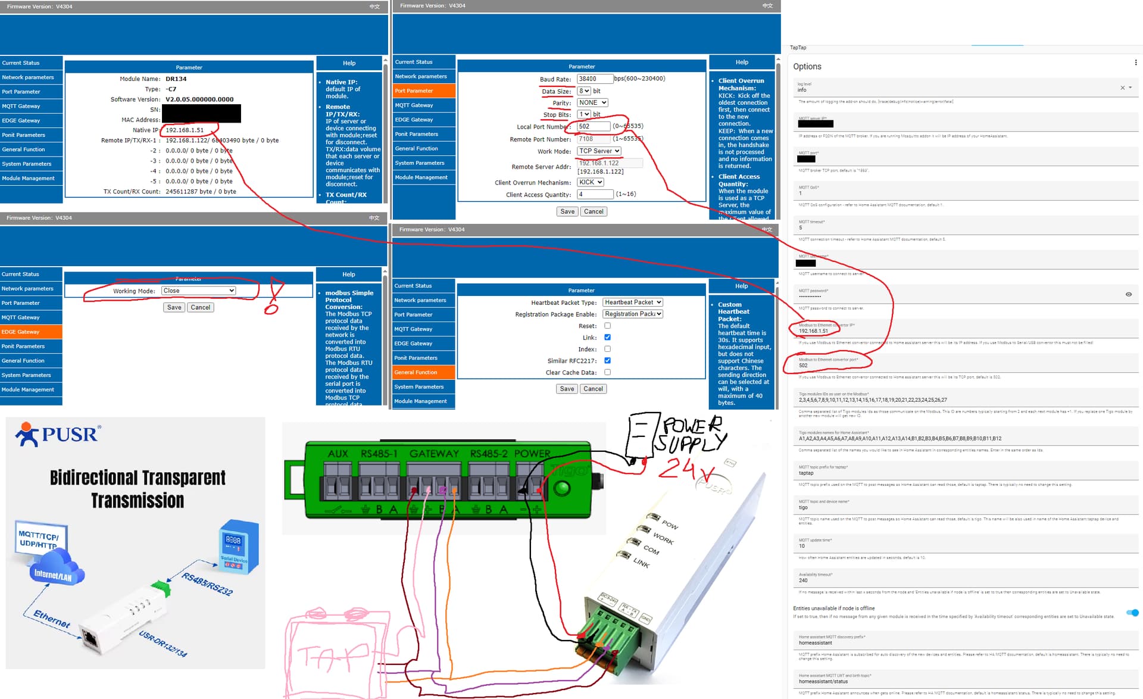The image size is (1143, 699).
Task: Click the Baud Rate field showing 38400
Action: coord(594,79)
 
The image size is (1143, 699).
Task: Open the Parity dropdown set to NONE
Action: coord(592,103)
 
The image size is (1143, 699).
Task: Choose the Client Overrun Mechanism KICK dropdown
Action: coord(591,182)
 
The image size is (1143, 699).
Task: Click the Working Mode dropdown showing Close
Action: coord(198,291)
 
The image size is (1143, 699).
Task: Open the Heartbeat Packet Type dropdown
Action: coord(633,302)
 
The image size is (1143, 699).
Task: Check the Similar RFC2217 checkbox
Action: coord(607,361)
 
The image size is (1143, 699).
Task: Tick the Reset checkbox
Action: coord(607,326)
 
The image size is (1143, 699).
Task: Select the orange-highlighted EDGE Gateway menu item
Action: coord(31,332)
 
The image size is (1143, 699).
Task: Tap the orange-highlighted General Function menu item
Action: coord(424,372)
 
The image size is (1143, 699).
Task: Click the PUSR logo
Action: coord(58,434)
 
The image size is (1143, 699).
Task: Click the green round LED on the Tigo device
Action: coord(561,489)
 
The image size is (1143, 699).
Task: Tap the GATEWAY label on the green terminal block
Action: coord(434,454)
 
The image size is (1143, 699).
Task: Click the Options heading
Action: coord(807,67)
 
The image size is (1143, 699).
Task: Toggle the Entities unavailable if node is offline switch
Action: coord(1132,613)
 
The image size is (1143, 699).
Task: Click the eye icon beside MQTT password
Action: coord(1128,294)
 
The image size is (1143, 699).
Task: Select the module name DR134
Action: coord(176,79)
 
